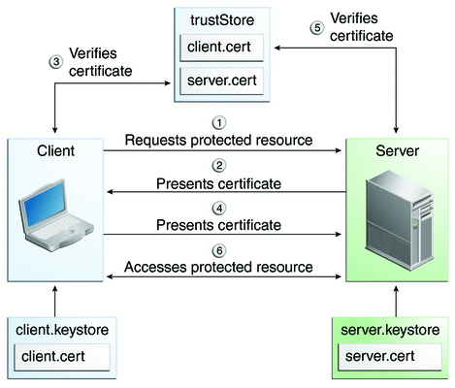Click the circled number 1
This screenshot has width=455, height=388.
tap(219, 123)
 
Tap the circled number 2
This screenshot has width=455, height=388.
tap(219, 166)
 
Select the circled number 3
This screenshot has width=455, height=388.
tap(56, 61)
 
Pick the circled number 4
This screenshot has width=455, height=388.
tap(219, 209)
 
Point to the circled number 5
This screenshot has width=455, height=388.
tap(317, 28)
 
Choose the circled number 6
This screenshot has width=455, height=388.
tap(219, 251)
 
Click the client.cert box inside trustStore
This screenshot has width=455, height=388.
tap(221, 48)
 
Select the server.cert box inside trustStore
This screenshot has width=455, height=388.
tap(221, 81)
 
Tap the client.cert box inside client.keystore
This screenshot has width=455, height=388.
tap(62, 357)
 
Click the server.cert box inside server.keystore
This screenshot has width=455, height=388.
tap(389, 357)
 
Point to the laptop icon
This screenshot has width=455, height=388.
tap(56, 215)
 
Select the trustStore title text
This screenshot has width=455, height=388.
tap(222, 20)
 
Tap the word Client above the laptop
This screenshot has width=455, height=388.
tap(55, 151)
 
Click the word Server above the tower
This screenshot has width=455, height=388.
tap(397, 151)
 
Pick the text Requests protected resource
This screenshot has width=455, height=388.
tap(218, 141)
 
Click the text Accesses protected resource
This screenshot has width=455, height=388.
tap(218, 268)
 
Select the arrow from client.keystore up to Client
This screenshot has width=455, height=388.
tap(55, 302)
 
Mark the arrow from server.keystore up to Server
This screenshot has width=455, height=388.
tap(396, 302)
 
